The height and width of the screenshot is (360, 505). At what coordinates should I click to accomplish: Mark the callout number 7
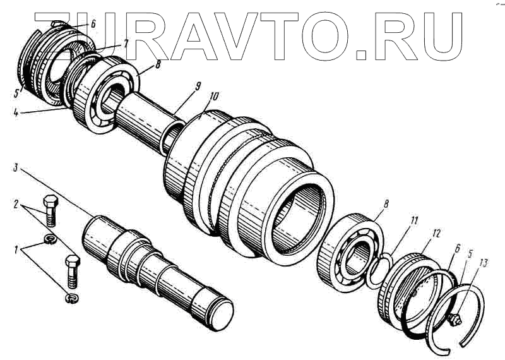(x=126, y=44)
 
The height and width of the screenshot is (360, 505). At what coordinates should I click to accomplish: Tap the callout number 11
(x=414, y=220)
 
